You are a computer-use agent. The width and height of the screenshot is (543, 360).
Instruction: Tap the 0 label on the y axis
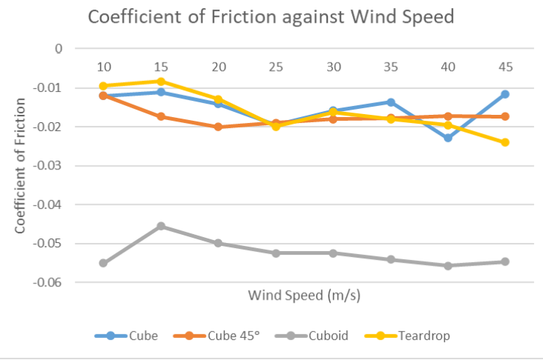(58, 49)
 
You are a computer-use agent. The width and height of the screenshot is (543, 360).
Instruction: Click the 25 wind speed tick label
(276, 67)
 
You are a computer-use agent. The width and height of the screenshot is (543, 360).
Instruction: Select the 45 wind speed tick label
(505, 67)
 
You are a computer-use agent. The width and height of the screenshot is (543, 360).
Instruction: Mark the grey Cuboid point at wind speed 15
(161, 226)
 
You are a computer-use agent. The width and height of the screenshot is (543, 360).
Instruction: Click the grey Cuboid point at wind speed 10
(103, 263)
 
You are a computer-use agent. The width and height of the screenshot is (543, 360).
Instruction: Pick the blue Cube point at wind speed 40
(447, 138)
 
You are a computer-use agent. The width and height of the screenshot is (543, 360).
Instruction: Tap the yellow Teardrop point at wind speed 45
(505, 142)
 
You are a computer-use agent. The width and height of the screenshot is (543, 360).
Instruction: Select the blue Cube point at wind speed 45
(505, 94)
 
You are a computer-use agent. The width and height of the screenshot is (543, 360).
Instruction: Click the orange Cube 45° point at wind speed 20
(218, 127)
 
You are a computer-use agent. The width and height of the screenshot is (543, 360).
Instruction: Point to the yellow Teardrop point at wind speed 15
(161, 82)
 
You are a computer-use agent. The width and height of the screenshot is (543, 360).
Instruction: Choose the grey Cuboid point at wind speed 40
(447, 265)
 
